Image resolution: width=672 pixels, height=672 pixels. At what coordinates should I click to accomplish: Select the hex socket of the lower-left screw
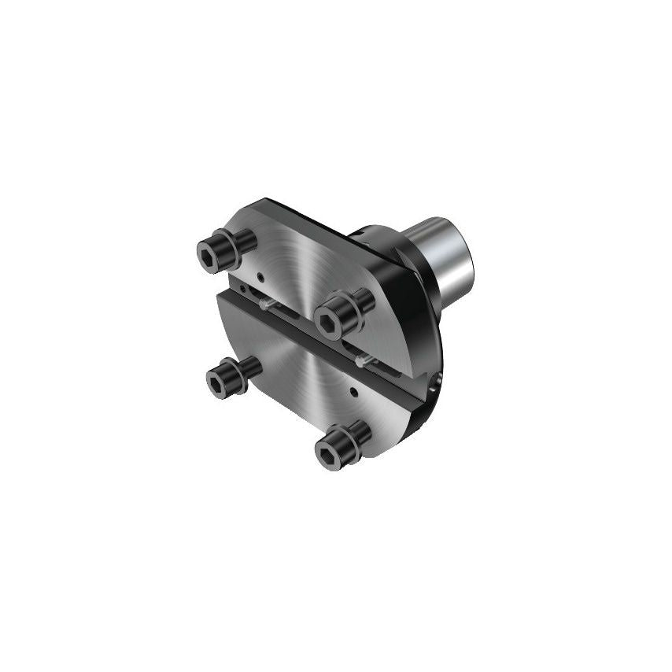pyautogui.click(x=218, y=383)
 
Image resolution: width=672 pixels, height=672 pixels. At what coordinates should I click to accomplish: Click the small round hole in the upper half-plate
pyautogui.click(x=260, y=275)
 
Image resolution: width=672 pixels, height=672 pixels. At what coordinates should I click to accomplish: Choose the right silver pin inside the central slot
pyautogui.click(x=363, y=360)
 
